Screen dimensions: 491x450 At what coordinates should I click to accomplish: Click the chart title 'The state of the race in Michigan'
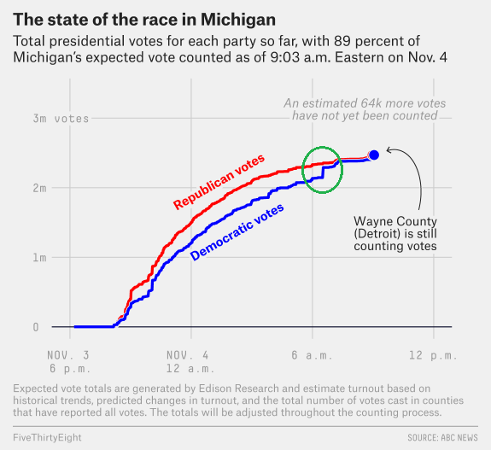click(x=144, y=20)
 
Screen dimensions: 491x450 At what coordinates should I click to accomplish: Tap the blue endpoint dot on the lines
click(x=374, y=155)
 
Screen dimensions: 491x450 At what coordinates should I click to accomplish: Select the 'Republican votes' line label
click(x=219, y=182)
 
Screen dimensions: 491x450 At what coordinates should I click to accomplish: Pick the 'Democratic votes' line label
click(x=237, y=231)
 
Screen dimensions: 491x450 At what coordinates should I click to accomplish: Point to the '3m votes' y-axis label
click(x=61, y=119)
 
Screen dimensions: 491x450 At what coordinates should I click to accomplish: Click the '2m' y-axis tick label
click(x=39, y=188)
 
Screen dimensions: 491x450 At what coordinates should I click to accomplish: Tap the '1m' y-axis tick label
click(x=39, y=258)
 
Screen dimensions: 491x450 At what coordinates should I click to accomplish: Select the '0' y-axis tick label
click(x=36, y=327)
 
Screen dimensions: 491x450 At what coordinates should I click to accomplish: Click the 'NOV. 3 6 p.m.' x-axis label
click(x=69, y=362)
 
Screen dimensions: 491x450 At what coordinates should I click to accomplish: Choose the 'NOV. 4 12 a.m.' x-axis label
click(x=190, y=362)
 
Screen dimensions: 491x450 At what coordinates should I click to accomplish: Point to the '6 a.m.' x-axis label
click(x=312, y=355)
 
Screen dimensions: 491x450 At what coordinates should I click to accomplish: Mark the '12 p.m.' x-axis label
click(x=434, y=355)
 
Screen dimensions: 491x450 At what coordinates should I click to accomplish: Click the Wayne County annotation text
click(x=395, y=234)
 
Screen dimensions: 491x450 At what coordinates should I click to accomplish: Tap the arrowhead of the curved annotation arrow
click(x=389, y=150)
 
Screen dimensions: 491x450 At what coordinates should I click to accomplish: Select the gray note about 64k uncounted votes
click(x=365, y=109)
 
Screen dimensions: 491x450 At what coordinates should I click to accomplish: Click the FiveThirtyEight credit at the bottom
click(x=47, y=437)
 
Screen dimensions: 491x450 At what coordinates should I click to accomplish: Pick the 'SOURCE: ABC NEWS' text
click(x=443, y=437)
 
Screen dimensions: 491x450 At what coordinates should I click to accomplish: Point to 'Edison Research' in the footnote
click(x=239, y=389)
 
